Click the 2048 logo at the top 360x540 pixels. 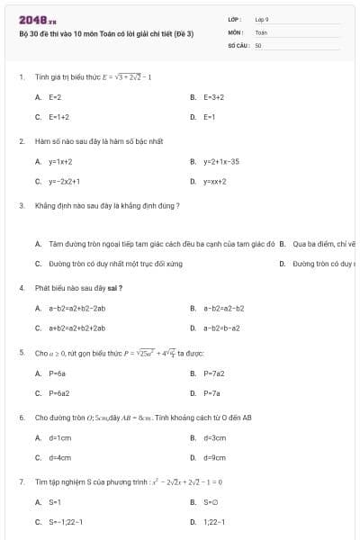click(37, 19)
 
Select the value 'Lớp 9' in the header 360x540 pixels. click(262, 19)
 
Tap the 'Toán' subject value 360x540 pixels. click(261, 31)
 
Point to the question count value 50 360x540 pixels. click(258, 44)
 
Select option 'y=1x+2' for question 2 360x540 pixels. click(60, 161)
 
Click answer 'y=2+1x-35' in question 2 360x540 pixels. click(220, 161)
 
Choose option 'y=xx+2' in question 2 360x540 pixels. click(214, 181)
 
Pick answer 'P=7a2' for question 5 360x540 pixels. click(212, 373)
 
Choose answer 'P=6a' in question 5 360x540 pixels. click(58, 373)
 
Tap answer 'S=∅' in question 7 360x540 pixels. click(211, 501)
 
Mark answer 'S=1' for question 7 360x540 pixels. click(55, 501)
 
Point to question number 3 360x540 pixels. click(21, 205)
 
